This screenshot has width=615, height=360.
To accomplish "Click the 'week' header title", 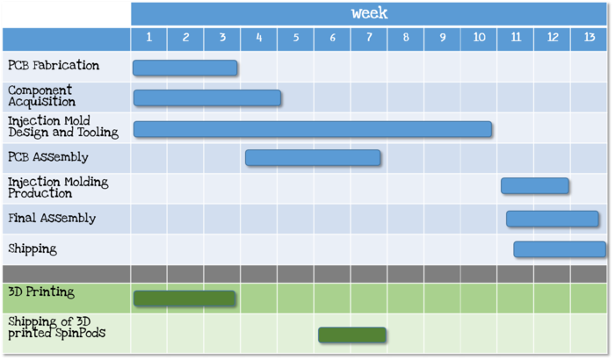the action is (369, 13).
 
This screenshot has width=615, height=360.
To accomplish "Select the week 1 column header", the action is (149, 38).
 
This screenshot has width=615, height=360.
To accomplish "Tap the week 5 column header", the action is (295, 38).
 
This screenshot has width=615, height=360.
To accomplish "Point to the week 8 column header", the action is (405, 38).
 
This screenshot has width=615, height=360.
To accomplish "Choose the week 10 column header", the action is (479, 38).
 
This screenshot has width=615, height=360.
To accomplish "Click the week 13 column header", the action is (589, 38).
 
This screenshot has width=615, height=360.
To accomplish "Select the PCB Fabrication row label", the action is (54, 66).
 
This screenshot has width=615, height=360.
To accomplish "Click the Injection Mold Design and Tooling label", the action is (62, 126).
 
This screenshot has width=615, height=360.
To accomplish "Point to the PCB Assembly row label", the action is (48, 157).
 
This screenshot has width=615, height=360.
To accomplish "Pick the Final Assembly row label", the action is (52, 218).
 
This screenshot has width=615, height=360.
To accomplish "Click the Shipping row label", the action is (33, 248).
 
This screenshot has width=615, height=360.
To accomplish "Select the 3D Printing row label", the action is (41, 292).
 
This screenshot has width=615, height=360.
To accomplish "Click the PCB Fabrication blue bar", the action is (184, 68).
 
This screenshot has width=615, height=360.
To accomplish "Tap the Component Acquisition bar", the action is (206, 97).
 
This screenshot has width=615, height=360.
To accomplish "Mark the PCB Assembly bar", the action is (313, 157).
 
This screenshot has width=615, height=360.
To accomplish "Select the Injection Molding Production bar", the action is (534, 185).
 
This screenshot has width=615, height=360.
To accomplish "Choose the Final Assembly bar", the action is (552, 218).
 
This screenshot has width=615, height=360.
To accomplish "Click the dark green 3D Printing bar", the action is (184, 299).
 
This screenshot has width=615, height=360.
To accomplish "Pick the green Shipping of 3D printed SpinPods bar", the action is (351, 335).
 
